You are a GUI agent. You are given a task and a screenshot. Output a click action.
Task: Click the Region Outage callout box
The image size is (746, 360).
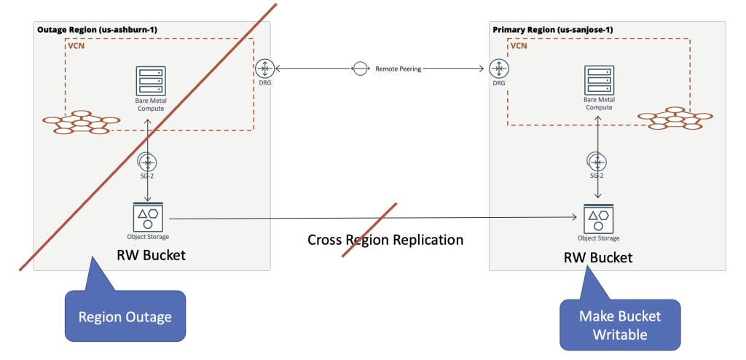(125, 317)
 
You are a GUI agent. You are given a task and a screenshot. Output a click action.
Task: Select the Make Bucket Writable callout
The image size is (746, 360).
(619, 324)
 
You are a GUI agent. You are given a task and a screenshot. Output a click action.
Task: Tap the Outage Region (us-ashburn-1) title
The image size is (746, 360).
(97, 29)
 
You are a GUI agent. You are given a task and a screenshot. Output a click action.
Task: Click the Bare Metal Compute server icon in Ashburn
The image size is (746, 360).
(149, 79)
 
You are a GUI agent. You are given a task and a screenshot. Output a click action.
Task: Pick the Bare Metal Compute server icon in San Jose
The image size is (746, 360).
(598, 79)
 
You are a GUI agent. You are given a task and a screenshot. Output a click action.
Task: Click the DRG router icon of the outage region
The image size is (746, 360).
(264, 69)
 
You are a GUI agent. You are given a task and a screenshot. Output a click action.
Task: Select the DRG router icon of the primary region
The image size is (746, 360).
(498, 69)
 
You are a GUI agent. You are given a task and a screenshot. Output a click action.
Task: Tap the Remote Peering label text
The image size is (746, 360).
(398, 69)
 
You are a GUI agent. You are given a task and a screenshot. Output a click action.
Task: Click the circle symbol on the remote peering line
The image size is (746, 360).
(360, 69)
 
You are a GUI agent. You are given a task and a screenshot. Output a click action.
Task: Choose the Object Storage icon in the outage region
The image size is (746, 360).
(149, 216)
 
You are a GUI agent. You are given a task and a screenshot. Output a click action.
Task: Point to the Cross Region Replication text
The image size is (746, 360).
(385, 239)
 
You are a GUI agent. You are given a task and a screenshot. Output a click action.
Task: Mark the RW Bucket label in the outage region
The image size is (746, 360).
(152, 254)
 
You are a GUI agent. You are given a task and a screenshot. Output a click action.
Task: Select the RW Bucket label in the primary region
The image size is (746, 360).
(598, 257)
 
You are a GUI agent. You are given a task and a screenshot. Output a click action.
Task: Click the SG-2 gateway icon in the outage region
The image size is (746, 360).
(149, 162)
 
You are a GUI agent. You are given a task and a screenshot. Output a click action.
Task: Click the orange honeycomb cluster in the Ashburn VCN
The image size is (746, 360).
(81, 122)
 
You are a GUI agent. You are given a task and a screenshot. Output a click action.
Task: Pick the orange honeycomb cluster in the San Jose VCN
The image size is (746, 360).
(675, 120)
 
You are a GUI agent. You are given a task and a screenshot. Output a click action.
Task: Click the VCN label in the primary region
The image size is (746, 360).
(518, 45)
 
